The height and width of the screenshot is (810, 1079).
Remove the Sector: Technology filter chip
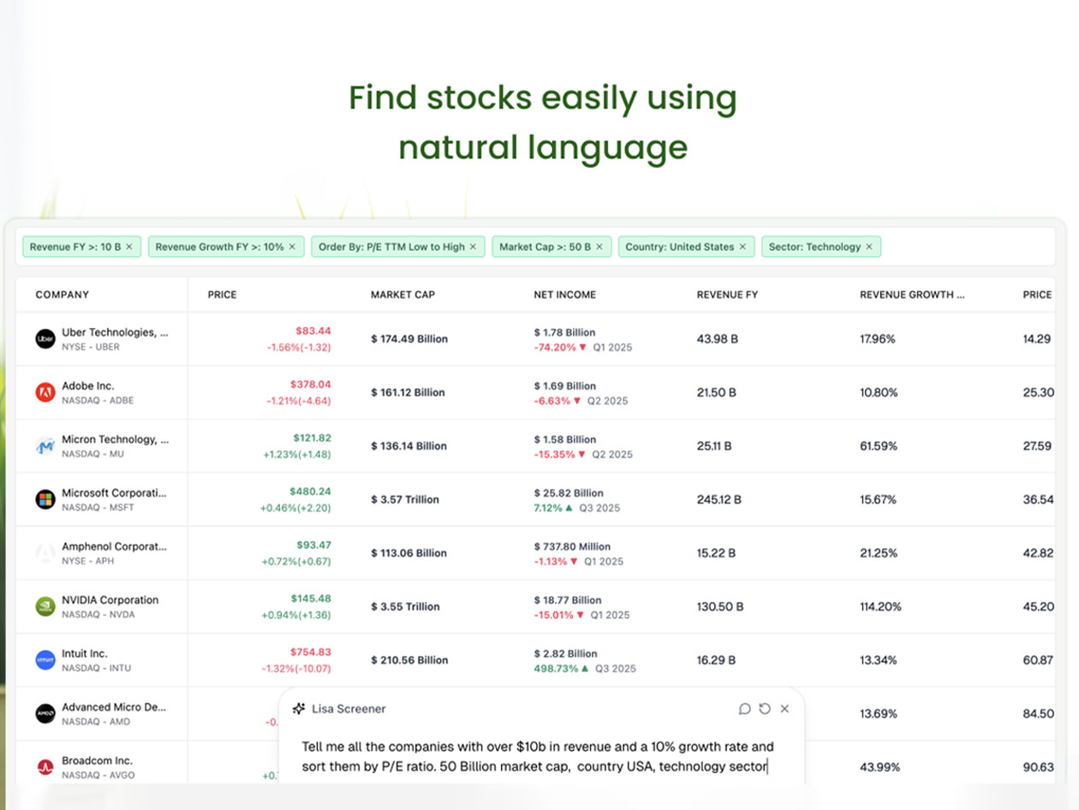868,247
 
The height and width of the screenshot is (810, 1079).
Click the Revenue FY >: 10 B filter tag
75,247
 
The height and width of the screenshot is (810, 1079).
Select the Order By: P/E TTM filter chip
391,247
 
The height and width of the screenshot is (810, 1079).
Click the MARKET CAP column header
402,295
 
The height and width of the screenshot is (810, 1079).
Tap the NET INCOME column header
564,295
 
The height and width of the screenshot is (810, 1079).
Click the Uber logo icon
45,339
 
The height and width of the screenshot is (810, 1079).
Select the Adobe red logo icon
45,392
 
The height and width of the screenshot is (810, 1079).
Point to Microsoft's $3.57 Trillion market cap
405,499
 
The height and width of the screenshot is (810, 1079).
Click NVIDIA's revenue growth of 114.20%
880,606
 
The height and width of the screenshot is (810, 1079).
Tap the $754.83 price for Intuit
312,652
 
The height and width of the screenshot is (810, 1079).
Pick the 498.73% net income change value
556,668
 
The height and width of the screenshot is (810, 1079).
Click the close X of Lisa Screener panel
784,709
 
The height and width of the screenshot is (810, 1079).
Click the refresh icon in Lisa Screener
765,709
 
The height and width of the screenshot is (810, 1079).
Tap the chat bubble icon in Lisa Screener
745,709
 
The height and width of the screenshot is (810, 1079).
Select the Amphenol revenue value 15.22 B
716,553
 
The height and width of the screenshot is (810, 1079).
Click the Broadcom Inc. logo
45,767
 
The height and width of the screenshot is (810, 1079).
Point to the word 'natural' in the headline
451,147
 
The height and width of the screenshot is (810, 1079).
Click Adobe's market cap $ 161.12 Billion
408,392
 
